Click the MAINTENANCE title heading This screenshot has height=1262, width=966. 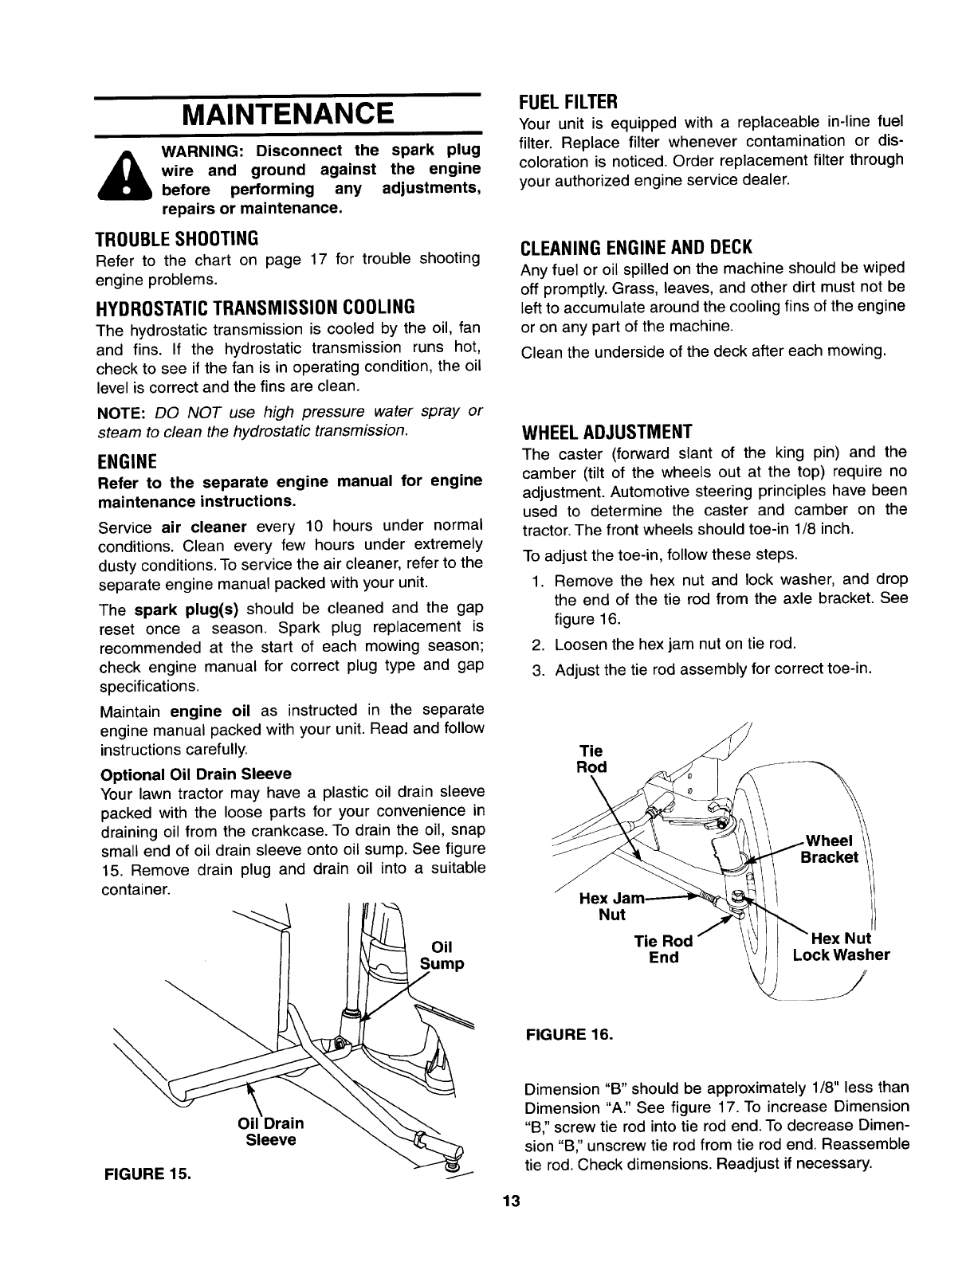coord(288,114)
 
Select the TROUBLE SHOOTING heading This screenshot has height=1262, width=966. coord(176,238)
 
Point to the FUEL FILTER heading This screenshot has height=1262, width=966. coord(568,102)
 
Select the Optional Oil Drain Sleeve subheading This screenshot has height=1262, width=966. coord(196,773)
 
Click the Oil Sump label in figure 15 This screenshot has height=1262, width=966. coord(441,955)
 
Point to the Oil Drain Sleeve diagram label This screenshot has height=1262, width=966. coord(270,1131)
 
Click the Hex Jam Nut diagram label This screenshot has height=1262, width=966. coord(611,907)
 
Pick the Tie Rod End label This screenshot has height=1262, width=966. coord(663,949)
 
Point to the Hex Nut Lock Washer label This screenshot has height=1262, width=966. coord(841,946)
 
